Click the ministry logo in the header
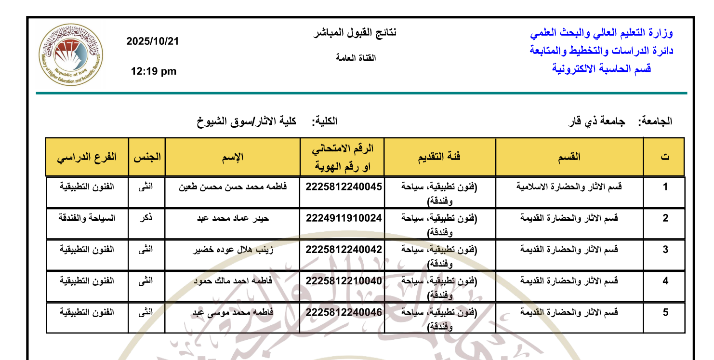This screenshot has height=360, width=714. [x=71, y=54]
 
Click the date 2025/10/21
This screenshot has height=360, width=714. [x=153, y=42]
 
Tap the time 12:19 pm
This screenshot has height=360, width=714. [x=154, y=72]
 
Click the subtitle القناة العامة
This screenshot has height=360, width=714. [x=356, y=58]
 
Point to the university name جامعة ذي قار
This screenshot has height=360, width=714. [x=596, y=121]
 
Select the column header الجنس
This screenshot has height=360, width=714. [x=147, y=157]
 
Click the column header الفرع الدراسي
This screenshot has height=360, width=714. [x=87, y=157]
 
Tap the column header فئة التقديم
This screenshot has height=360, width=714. [x=439, y=157]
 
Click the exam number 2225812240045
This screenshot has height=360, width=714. [x=344, y=187]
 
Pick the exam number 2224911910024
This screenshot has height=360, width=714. [x=344, y=218]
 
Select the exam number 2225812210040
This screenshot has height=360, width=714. [x=344, y=281]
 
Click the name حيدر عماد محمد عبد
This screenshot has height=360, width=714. [x=233, y=218]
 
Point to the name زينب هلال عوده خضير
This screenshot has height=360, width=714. [x=233, y=250]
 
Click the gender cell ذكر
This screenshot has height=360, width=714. [x=146, y=218]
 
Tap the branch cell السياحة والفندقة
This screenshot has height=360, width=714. [x=87, y=218]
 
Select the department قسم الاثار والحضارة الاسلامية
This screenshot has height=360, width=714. [x=569, y=187]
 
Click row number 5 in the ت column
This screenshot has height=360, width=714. [x=665, y=312]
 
